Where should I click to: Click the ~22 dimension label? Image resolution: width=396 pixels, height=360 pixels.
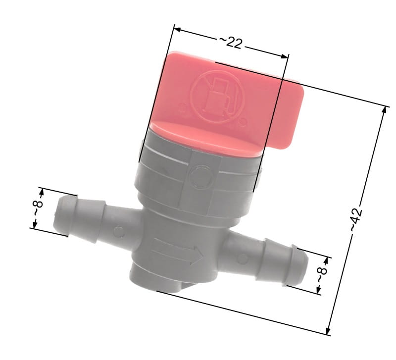click(x=230, y=43)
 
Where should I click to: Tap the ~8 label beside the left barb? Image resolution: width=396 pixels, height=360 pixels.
click(x=38, y=208)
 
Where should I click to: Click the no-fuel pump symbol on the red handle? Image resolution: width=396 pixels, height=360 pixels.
click(x=217, y=97)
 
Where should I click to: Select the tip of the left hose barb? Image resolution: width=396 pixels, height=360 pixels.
click(x=56, y=214)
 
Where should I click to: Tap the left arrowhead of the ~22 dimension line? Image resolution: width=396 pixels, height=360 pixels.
click(x=177, y=29)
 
